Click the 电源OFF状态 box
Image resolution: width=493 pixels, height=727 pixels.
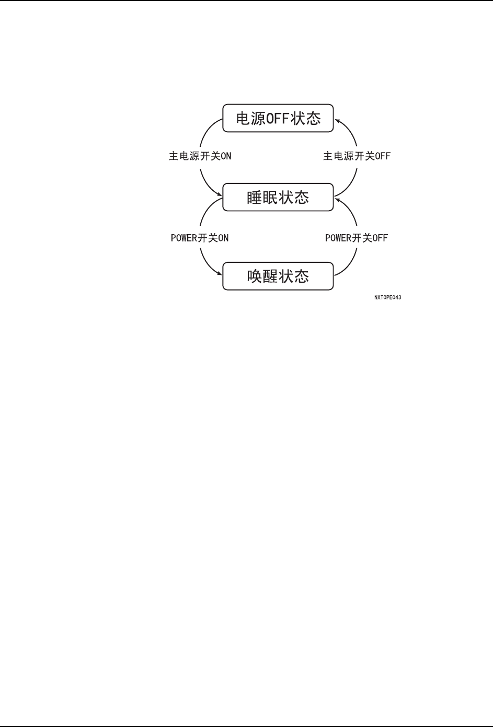(x=278, y=118)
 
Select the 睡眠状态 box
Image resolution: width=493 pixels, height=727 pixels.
(x=278, y=197)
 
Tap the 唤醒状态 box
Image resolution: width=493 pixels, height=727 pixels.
(x=278, y=276)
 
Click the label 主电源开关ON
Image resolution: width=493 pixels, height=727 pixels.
(x=200, y=156)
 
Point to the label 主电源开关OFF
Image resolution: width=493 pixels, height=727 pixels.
(x=357, y=156)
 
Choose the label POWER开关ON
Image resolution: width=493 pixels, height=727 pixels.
(x=200, y=238)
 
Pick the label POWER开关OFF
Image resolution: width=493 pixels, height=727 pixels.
(x=357, y=238)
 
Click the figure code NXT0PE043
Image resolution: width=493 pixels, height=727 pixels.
(x=387, y=297)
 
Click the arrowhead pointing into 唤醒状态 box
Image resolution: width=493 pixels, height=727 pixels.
(x=220, y=272)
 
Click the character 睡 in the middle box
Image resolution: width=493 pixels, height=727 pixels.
(x=255, y=198)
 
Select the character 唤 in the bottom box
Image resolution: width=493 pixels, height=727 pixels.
(x=255, y=276)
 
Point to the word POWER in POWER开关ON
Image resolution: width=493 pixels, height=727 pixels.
(x=184, y=238)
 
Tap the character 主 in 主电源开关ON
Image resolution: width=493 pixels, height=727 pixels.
(x=174, y=156)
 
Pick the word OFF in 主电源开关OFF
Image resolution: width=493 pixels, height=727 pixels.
(x=382, y=156)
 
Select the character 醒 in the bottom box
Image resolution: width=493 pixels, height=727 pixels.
(x=270, y=276)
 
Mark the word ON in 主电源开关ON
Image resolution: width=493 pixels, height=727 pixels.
(x=226, y=156)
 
